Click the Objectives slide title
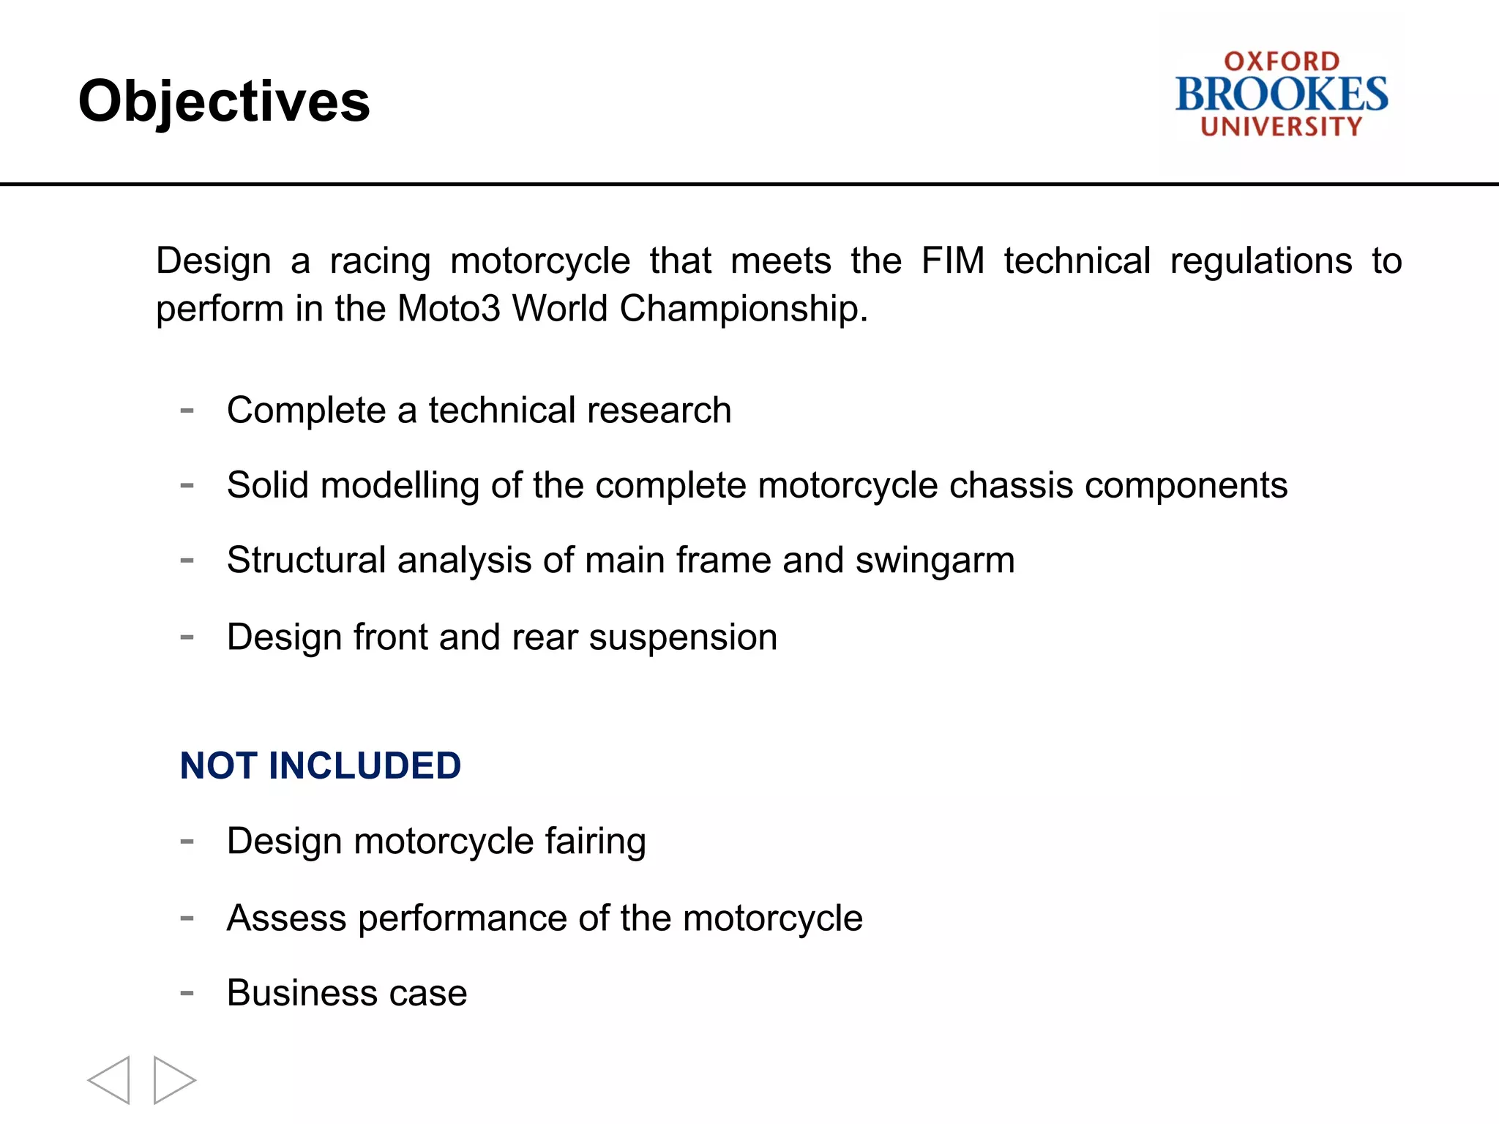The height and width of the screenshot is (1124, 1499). click(x=224, y=102)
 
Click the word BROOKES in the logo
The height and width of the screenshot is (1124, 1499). click(x=1281, y=94)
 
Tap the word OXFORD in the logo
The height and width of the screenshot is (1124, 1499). click(x=1282, y=61)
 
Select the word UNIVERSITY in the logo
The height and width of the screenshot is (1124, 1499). click(x=1281, y=127)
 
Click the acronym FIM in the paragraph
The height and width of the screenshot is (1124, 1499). click(x=952, y=261)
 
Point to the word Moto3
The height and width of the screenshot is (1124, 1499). click(x=449, y=308)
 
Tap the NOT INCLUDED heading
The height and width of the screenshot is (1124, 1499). click(x=320, y=766)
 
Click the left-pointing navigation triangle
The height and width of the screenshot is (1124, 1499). click(x=110, y=1080)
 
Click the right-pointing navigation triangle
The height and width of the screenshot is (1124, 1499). click(x=173, y=1080)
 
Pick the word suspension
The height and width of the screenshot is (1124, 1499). click(x=682, y=637)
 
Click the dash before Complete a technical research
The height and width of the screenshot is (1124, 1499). click(x=187, y=411)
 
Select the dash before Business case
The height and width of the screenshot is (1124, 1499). click(x=187, y=993)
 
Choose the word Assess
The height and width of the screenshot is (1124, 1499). click(x=286, y=918)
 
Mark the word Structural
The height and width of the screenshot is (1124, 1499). click(x=306, y=561)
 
